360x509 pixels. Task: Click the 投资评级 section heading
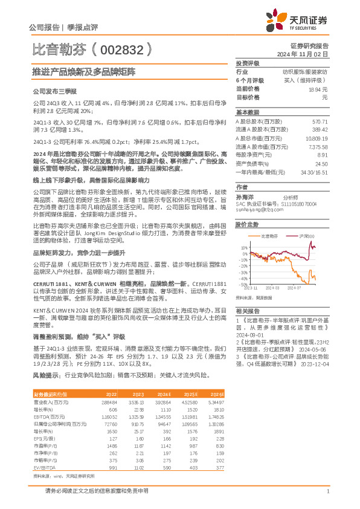point(248,63)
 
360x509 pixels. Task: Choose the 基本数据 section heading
point(248,112)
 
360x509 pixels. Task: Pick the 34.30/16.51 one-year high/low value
point(313,172)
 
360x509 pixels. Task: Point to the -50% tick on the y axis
point(242,284)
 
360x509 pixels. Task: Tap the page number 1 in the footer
point(327,491)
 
